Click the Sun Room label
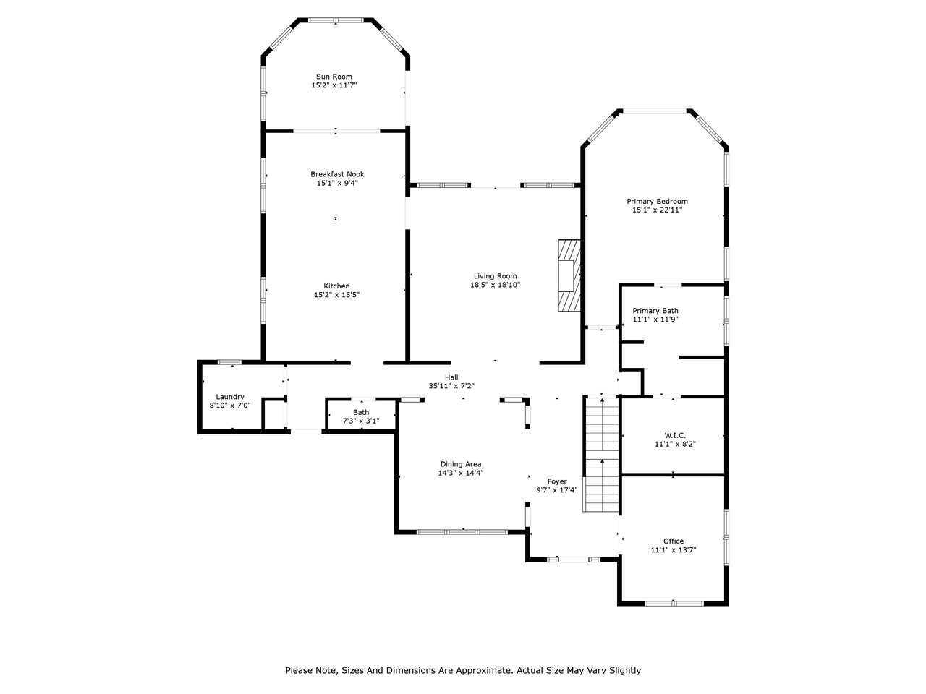[334, 77]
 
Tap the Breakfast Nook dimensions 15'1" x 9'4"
[336, 184]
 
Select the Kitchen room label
[336, 286]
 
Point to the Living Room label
[495, 276]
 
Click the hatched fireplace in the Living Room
[569, 275]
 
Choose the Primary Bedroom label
[657, 201]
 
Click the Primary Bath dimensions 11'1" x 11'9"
[655, 320]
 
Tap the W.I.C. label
[674, 435]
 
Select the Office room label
[674, 541]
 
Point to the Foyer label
[556, 481]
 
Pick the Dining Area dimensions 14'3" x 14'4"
[460, 474]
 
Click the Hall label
[451, 377]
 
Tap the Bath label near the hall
[360, 412]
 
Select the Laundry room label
[230, 397]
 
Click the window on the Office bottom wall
[674, 603]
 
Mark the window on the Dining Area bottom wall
[461, 532]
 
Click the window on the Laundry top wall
[230, 361]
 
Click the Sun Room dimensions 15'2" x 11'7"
[334, 85]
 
